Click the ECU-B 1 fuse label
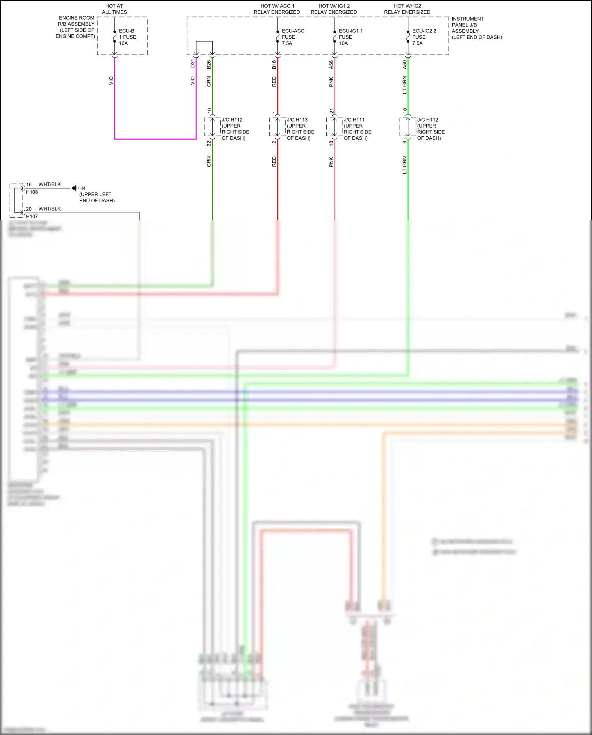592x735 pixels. (127, 37)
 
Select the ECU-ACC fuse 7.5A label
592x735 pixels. (292, 37)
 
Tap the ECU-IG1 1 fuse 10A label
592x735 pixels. (350, 37)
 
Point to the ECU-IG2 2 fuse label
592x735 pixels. (423, 37)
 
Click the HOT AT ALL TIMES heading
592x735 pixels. (114, 9)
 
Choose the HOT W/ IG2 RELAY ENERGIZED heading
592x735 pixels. (407, 9)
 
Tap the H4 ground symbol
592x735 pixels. (75, 188)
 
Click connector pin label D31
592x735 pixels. (193, 63)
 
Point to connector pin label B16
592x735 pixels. (274, 64)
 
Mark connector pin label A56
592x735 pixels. (331, 64)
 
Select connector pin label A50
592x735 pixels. (405, 64)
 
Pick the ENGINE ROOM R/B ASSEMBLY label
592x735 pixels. (76, 27)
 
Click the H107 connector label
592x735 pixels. (32, 216)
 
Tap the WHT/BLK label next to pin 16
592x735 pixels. (49, 184)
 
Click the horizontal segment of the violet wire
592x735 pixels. (155, 139)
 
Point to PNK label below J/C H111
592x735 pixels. (331, 162)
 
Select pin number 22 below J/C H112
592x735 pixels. (209, 143)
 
